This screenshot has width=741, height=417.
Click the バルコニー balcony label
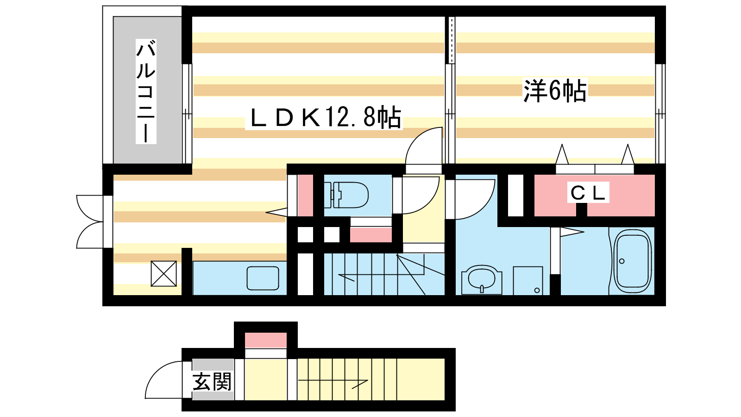tap(146, 91)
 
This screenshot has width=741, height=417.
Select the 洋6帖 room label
tap(555, 90)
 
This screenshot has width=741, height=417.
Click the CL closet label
tap(588, 193)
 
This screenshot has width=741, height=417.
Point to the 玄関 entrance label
tap(212, 382)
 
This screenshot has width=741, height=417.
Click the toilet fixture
tap(346, 195)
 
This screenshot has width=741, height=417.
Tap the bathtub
tap(633, 261)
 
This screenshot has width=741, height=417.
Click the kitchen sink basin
tap(263, 278)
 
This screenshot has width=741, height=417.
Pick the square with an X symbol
tap(164, 274)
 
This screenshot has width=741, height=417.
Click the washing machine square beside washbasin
tap(528, 281)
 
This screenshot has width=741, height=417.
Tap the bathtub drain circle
tap(622, 261)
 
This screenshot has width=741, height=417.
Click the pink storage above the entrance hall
tap(266, 340)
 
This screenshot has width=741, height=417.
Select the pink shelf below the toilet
tap(371, 235)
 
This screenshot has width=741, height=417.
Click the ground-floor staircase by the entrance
tap(347, 379)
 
